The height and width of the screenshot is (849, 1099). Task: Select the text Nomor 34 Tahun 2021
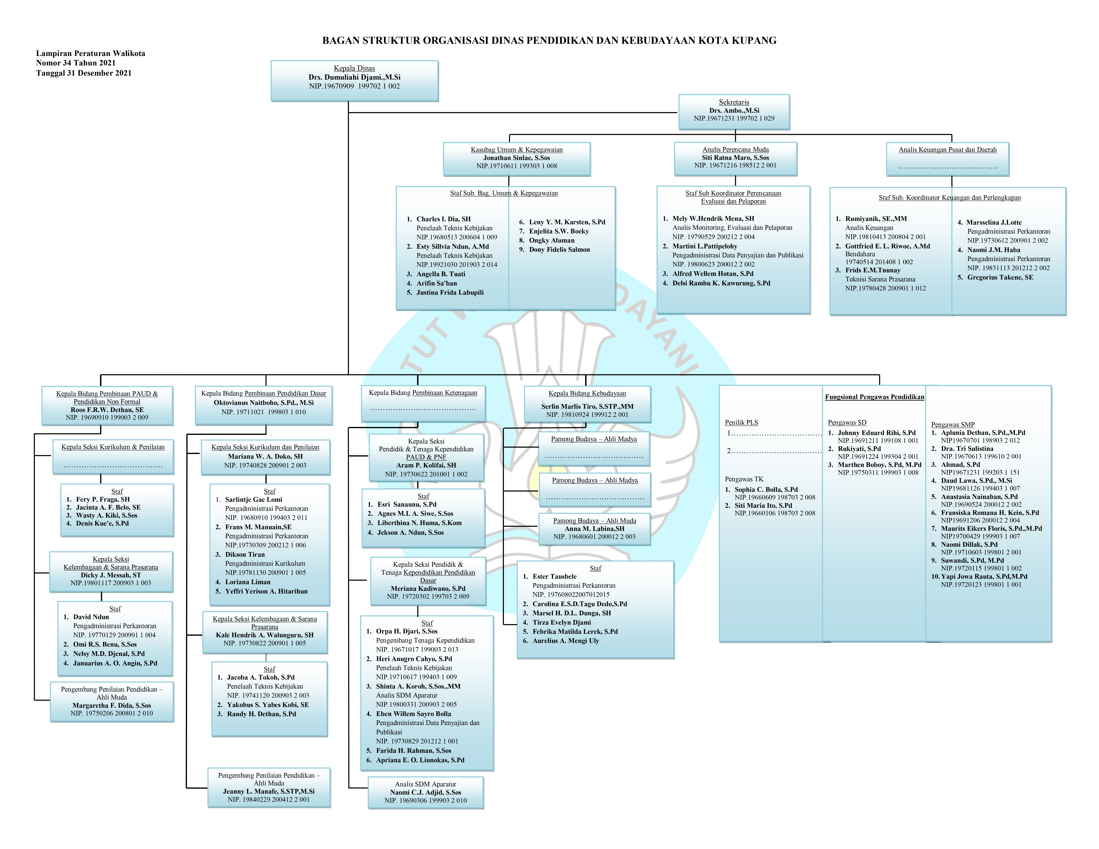(75, 63)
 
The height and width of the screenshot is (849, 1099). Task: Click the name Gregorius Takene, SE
(1000, 277)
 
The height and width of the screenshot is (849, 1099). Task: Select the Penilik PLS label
(741, 423)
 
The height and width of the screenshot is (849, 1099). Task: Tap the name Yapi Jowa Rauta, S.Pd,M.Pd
(984, 576)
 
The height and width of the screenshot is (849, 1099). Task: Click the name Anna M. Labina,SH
(594, 529)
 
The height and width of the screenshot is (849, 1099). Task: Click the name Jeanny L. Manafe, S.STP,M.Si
(269, 791)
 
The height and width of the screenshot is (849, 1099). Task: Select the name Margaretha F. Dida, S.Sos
(112, 705)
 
